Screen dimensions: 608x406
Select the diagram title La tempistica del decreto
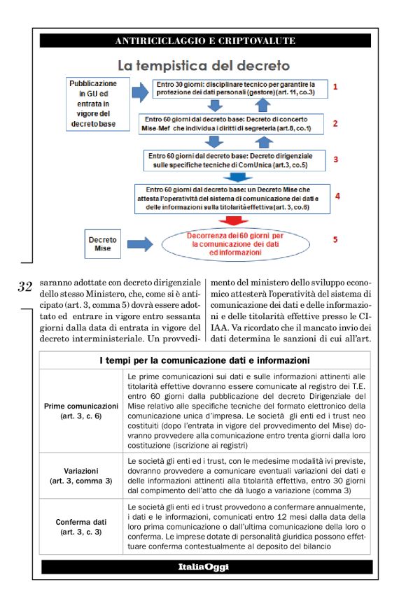pos(203,66)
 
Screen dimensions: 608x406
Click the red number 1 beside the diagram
pos(335,87)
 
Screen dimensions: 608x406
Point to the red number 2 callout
pos(335,124)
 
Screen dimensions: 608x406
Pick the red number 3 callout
pos(335,160)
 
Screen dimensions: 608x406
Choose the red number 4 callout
pos(337,196)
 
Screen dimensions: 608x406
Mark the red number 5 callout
pos(335,240)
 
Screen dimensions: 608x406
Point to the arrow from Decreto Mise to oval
pos(141,244)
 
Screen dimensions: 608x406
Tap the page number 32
pos(25,286)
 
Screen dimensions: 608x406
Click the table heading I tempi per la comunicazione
pos(205,361)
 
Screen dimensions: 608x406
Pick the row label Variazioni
pos(81,476)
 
